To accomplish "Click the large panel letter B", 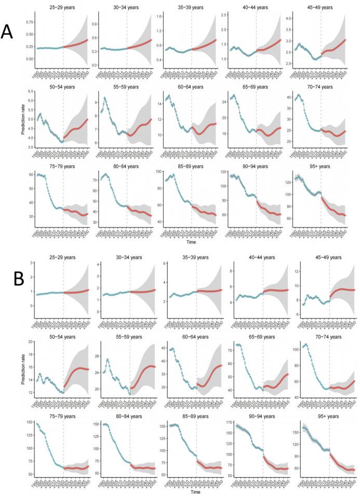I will [19, 279].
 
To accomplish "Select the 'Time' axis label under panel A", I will [189, 242].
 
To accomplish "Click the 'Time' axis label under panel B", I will [189, 491].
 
